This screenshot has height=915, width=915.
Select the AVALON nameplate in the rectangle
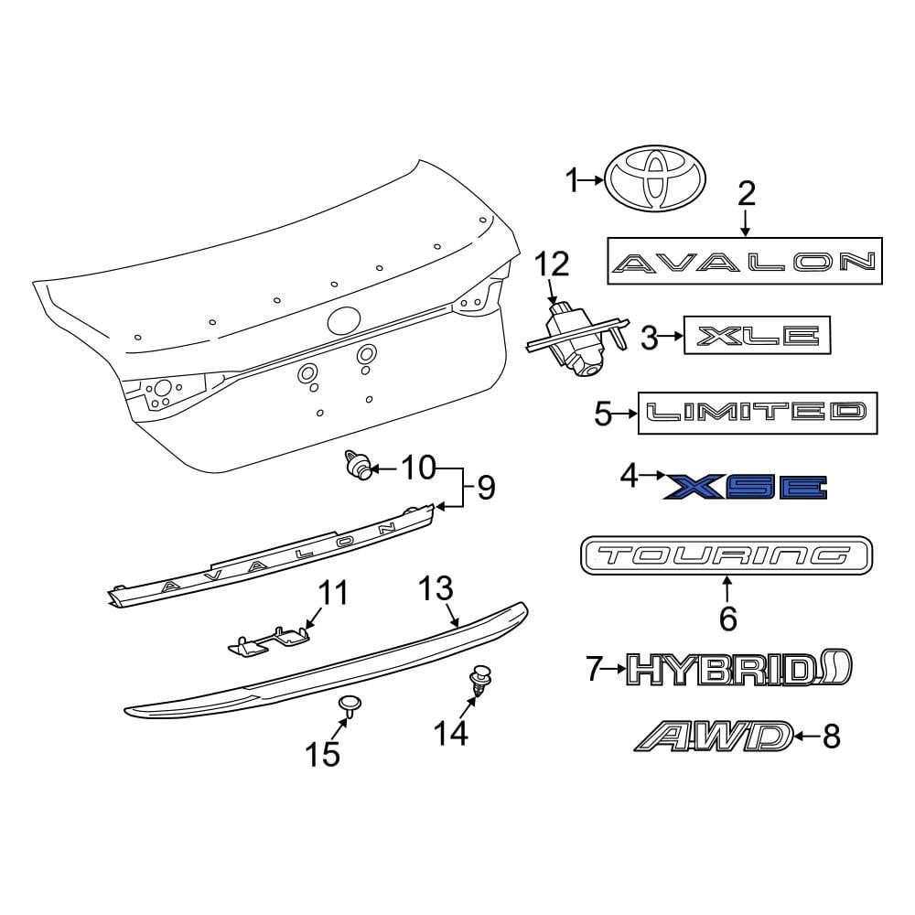point(745,261)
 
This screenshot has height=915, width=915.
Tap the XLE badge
point(757,335)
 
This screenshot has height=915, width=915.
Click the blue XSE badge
point(745,488)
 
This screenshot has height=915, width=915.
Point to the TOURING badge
point(727,555)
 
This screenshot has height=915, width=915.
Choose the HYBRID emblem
point(739,668)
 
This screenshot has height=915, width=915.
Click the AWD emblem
point(714,736)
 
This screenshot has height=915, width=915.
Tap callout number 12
point(552,264)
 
